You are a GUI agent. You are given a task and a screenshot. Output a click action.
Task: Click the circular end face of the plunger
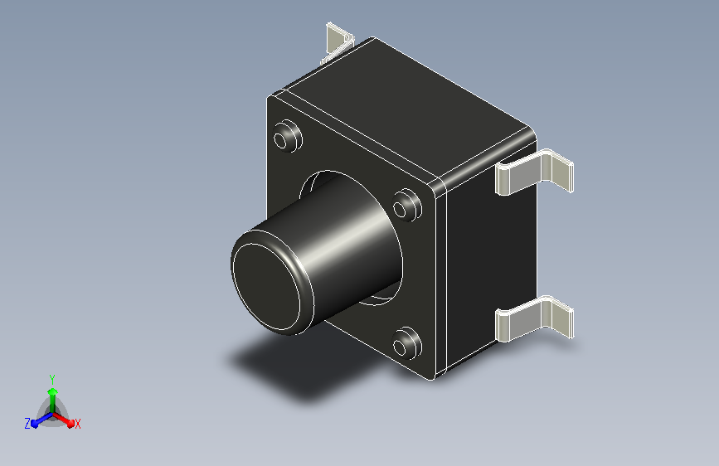[266, 286]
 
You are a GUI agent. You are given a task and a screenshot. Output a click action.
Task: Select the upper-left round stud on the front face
[288, 136]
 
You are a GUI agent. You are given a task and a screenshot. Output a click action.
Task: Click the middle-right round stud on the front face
[406, 205]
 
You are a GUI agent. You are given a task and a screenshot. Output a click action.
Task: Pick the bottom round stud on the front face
[406, 342]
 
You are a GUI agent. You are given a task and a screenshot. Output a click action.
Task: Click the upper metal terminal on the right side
[534, 172]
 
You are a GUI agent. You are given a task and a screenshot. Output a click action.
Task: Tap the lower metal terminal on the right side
[534, 318]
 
